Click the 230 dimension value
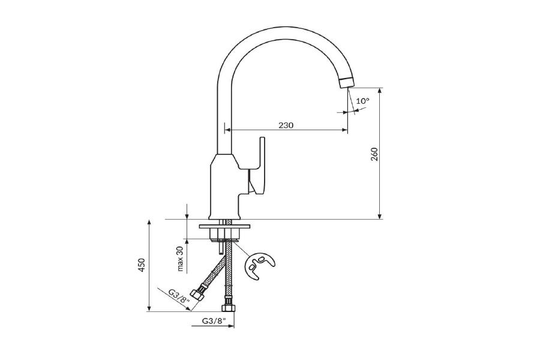(286, 125)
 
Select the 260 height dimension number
(374, 154)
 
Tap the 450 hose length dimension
(142, 265)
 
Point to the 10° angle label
(362, 101)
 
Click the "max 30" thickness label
(181, 259)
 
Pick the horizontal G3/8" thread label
(214, 321)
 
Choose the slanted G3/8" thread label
(179, 296)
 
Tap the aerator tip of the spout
(346, 83)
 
